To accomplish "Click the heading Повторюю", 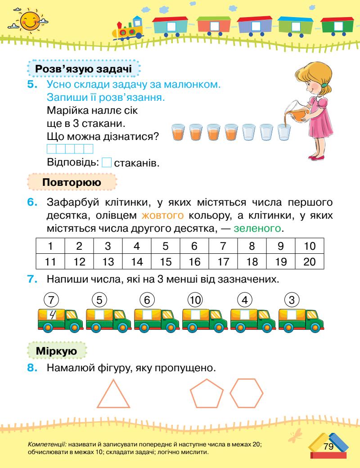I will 72,183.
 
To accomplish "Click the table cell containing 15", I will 165,261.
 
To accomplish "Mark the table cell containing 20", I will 309,261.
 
